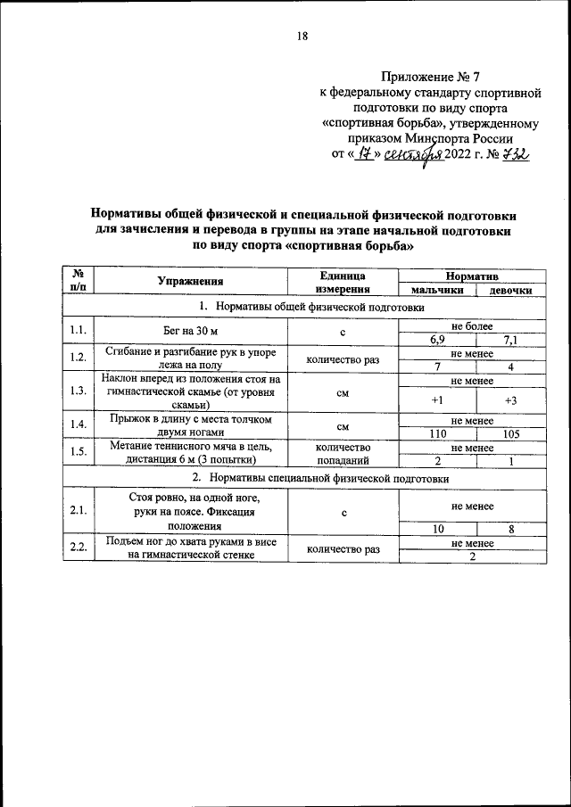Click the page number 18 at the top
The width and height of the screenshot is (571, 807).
(302, 37)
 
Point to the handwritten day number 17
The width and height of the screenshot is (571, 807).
(366, 156)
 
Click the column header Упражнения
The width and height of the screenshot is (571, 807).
(190, 283)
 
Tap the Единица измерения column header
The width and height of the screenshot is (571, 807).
(343, 283)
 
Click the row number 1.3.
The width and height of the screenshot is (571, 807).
(79, 391)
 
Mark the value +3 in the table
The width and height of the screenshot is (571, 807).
(510, 399)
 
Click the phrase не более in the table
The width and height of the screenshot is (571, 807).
(473, 326)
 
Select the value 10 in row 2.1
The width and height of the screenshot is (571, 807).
(436, 528)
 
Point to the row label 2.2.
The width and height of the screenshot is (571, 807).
(79, 547)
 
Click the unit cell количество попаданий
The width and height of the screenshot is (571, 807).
(343, 453)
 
